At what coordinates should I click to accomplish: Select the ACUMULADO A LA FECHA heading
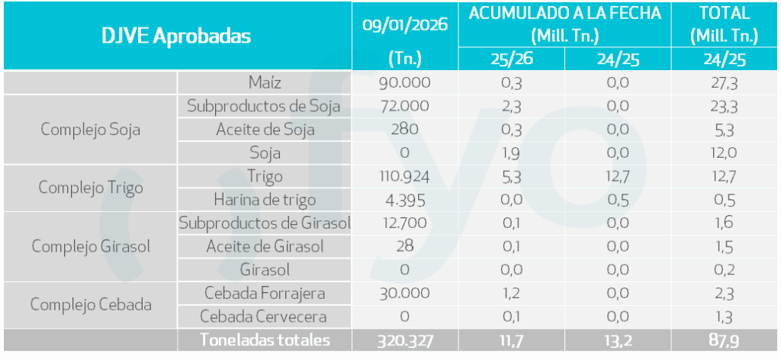(564, 13)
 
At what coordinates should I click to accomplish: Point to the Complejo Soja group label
(90, 129)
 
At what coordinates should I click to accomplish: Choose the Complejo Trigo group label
(90, 188)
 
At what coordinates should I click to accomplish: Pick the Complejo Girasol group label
(90, 246)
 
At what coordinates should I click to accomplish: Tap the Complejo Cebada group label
(90, 304)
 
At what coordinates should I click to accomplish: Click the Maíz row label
(265, 82)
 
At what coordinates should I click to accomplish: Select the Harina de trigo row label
(265, 200)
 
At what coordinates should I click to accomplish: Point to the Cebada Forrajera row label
(265, 293)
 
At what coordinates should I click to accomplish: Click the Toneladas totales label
(265, 340)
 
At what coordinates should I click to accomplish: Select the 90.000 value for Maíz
(404, 82)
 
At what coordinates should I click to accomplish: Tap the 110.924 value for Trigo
(404, 176)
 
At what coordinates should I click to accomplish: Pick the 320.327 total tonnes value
(404, 340)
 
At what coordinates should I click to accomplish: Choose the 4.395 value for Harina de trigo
(404, 200)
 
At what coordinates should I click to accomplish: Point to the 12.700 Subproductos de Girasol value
(404, 223)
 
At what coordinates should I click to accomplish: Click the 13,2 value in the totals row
(618, 340)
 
